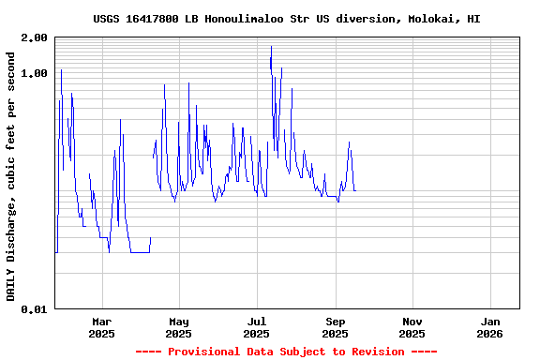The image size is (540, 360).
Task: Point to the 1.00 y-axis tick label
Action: (x=35, y=73)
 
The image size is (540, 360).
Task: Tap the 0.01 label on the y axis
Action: (x=35, y=309)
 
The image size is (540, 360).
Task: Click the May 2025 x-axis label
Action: (x=178, y=327)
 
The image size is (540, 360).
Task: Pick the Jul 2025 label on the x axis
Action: (x=256, y=327)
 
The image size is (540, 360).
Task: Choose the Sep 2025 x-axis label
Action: (x=335, y=327)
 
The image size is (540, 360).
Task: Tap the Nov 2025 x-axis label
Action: (x=412, y=327)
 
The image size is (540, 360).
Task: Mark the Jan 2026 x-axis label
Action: (x=489, y=327)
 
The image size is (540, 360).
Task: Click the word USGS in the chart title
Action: (x=108, y=19)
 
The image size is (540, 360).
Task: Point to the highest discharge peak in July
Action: (x=271, y=46)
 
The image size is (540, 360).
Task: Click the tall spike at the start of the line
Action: (x=61, y=70)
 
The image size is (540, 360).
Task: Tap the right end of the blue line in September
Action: (x=354, y=190)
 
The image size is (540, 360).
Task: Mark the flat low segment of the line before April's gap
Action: (x=140, y=252)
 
